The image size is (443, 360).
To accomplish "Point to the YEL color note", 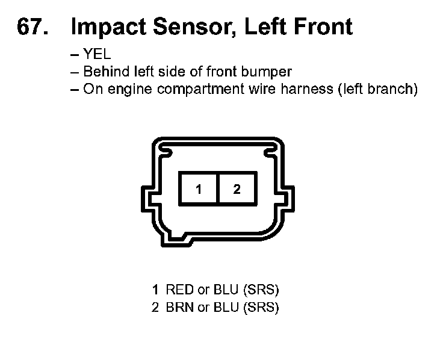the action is [97, 55].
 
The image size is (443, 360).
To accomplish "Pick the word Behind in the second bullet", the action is [103, 72].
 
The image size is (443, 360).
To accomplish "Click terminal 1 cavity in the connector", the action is [199, 189].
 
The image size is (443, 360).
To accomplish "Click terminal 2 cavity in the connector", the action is [237, 189].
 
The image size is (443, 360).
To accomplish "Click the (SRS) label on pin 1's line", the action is [261, 290].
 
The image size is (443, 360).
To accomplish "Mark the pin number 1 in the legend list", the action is [155, 290].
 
